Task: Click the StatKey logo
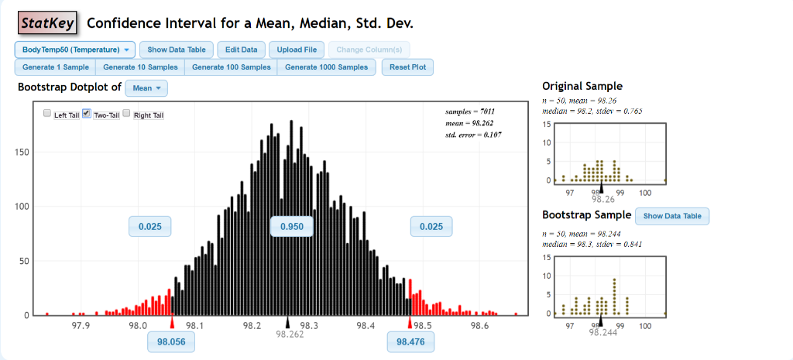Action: (x=48, y=23)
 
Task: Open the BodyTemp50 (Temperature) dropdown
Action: (x=74, y=50)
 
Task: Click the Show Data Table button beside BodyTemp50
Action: (x=176, y=50)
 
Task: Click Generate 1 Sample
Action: (x=55, y=67)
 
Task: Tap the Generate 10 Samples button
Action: (x=140, y=67)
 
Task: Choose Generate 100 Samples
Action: (x=232, y=67)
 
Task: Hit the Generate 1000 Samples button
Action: (x=327, y=67)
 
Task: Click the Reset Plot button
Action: (x=407, y=67)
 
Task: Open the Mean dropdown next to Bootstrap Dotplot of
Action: (x=146, y=88)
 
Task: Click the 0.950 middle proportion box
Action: (x=291, y=227)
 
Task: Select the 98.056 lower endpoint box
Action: (x=171, y=341)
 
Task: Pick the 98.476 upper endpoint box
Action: (x=410, y=341)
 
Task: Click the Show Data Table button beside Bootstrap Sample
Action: (x=671, y=216)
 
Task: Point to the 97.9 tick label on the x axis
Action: (x=81, y=326)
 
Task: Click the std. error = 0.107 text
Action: (x=473, y=134)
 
